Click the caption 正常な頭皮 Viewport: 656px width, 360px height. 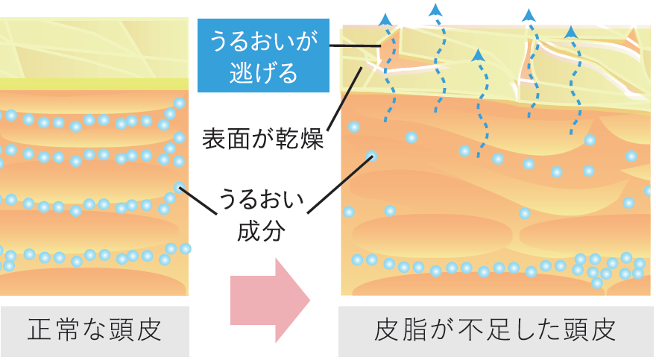point(95,329)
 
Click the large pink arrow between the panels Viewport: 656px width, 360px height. point(270,300)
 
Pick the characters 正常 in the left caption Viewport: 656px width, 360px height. point(50,329)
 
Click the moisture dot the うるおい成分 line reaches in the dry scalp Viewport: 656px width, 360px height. point(371,156)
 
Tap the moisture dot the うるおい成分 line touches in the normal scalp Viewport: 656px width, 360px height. point(179,186)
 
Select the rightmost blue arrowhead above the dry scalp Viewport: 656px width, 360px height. point(571,31)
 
